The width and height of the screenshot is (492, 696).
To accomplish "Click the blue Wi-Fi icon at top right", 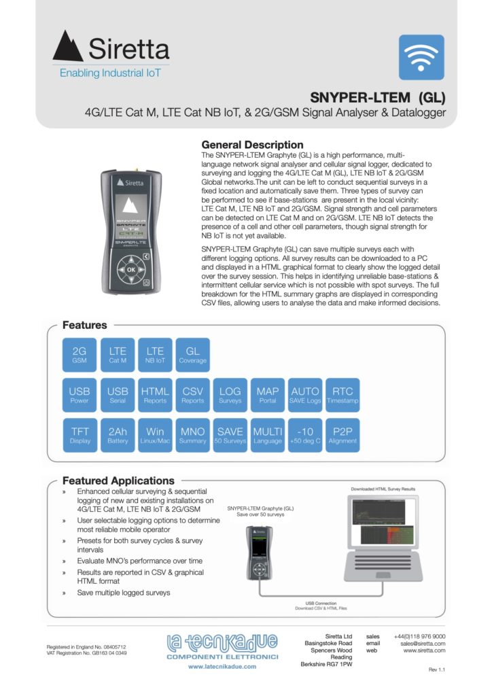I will coord(421,58).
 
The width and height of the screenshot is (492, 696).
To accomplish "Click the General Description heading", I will coord(252,145).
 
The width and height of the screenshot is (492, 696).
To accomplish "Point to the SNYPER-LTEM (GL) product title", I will coord(378,96).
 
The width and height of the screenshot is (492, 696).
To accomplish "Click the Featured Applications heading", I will coord(118,481).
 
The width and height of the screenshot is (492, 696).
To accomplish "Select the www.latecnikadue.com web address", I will coord(222,667).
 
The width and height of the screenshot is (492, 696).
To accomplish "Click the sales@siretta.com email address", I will coord(422,643).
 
